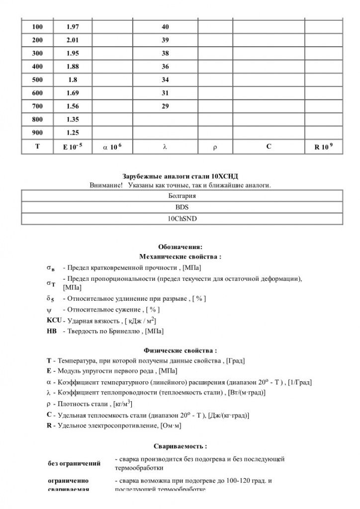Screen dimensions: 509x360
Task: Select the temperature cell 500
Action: tap(37, 79)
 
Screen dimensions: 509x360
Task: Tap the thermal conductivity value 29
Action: tap(165, 106)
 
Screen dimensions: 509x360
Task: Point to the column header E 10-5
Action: tap(73, 147)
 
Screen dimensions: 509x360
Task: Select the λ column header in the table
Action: tap(165, 147)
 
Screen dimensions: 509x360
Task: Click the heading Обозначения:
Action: tap(180, 247)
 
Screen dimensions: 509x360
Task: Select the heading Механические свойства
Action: tap(180, 256)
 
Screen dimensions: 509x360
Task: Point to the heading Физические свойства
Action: tap(180, 350)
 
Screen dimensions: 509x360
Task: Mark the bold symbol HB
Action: tap(51, 331)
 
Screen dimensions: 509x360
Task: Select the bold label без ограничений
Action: tap(74, 463)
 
